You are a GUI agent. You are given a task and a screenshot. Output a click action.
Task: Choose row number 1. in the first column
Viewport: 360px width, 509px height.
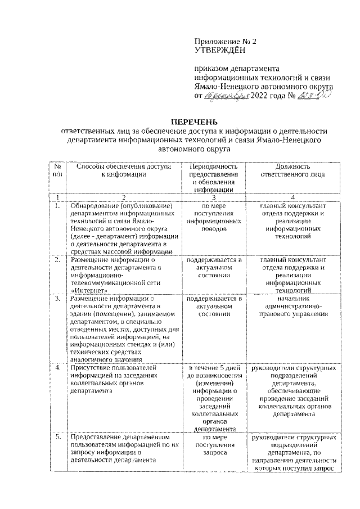tap(57, 206)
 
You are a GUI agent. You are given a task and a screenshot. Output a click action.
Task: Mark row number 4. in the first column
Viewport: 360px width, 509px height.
tap(57, 368)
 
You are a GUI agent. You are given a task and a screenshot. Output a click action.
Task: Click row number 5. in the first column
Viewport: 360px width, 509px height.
tap(57, 436)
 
